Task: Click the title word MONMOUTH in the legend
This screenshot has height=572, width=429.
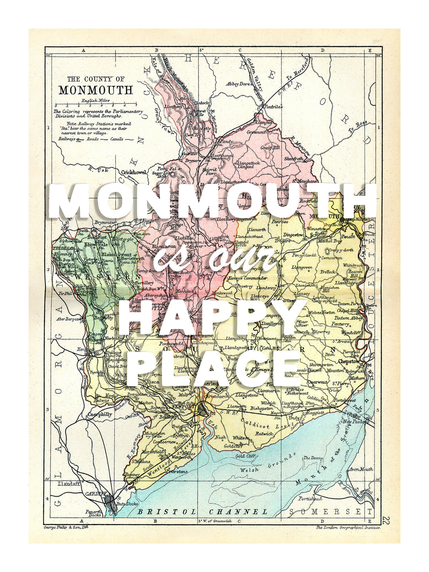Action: (x=96, y=90)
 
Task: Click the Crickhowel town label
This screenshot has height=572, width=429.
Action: (x=134, y=172)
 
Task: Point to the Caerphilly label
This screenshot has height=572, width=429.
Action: (x=100, y=415)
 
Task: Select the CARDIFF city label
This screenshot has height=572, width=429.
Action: (x=96, y=494)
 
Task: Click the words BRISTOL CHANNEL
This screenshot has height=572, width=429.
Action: (x=202, y=512)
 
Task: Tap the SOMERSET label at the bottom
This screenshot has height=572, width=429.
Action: (x=331, y=512)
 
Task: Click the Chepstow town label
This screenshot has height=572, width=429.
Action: (x=349, y=361)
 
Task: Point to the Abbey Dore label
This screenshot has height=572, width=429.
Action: (x=238, y=84)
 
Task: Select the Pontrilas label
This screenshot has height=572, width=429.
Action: (x=273, y=107)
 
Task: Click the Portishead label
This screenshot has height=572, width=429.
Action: (x=310, y=498)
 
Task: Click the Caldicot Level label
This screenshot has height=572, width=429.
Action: (x=264, y=424)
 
